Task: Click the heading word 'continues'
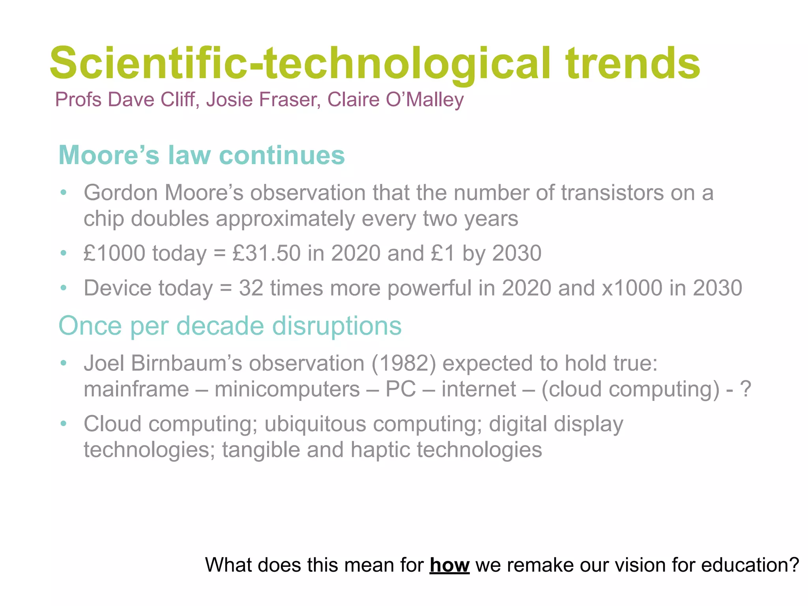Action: [x=282, y=155]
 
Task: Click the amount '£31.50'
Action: [x=267, y=253]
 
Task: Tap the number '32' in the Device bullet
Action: [x=251, y=288]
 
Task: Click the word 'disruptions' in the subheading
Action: [x=337, y=326]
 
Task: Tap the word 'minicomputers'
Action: [x=287, y=389]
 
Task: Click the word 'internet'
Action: [x=479, y=389]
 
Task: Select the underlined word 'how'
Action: [x=449, y=565]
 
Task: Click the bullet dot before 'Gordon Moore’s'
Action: [x=64, y=193]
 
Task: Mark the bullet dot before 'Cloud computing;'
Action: [x=64, y=424]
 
